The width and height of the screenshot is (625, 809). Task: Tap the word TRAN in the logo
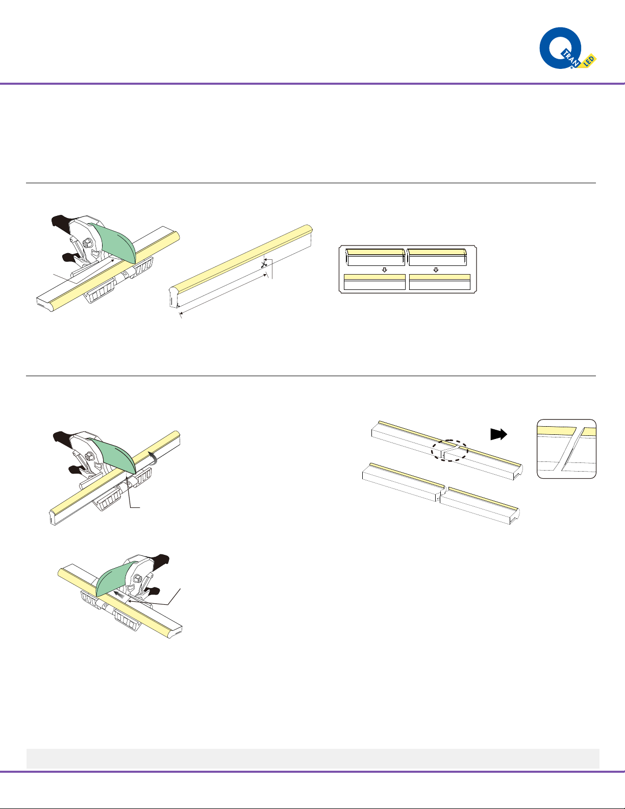click(x=571, y=59)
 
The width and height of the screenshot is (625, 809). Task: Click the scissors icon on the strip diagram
click(x=264, y=264)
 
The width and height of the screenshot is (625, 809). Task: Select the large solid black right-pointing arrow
click(x=498, y=434)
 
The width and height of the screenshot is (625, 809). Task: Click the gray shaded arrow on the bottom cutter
click(x=119, y=595)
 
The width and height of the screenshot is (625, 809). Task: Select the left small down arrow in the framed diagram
click(x=385, y=270)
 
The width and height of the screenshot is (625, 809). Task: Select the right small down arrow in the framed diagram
click(x=436, y=270)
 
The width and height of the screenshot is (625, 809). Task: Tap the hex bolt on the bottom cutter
click(x=137, y=578)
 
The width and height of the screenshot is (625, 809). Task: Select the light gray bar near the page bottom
click(x=313, y=759)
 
